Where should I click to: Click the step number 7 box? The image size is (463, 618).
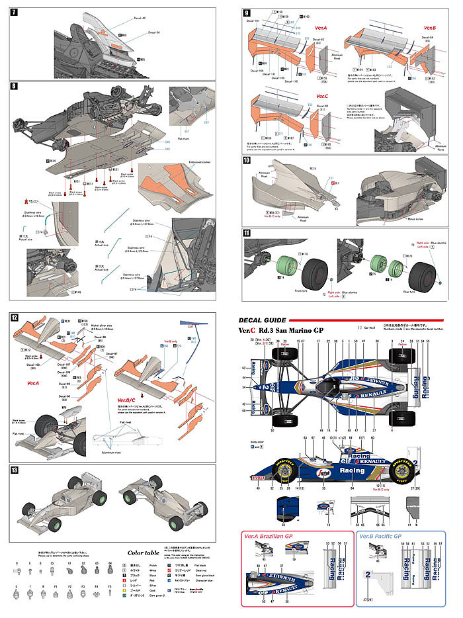15,13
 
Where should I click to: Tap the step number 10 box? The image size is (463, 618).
246,161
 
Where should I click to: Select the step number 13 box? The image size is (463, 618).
15,470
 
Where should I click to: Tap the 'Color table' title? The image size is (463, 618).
142,552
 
